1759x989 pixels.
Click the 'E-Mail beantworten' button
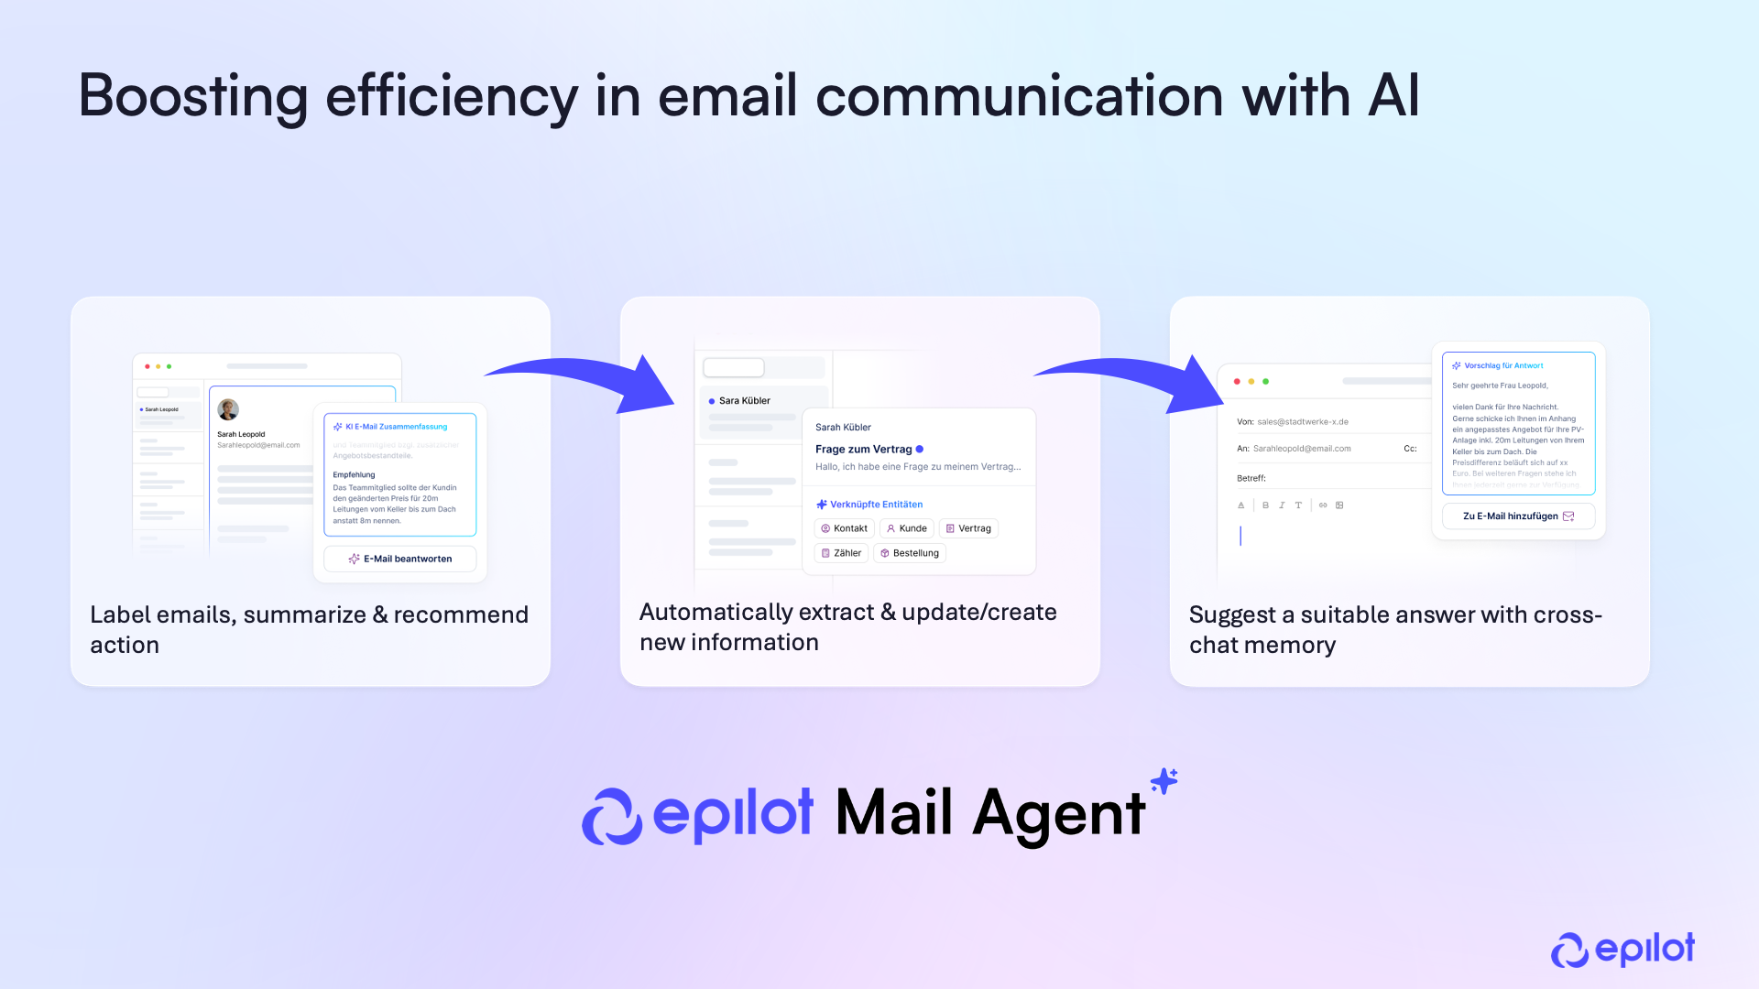400,559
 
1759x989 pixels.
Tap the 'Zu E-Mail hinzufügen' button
1518,516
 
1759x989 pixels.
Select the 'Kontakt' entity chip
844,528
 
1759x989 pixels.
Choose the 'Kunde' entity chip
906,528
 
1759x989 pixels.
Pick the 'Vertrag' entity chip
968,528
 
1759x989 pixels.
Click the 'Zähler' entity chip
841,553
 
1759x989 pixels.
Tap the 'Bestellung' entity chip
910,553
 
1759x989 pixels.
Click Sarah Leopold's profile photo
228,409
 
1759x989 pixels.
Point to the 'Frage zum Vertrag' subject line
863,450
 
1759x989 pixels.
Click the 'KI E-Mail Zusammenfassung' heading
396,427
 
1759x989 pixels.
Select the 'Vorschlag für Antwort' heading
1503,365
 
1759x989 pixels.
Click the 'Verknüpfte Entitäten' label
876,505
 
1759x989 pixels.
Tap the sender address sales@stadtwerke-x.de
1302,422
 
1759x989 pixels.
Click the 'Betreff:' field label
1251,478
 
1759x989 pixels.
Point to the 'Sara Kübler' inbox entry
744,401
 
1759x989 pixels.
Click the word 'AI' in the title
1393,96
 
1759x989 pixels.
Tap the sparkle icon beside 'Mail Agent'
1164,781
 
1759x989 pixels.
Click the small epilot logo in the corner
1622,950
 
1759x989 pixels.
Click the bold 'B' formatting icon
1265,505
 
